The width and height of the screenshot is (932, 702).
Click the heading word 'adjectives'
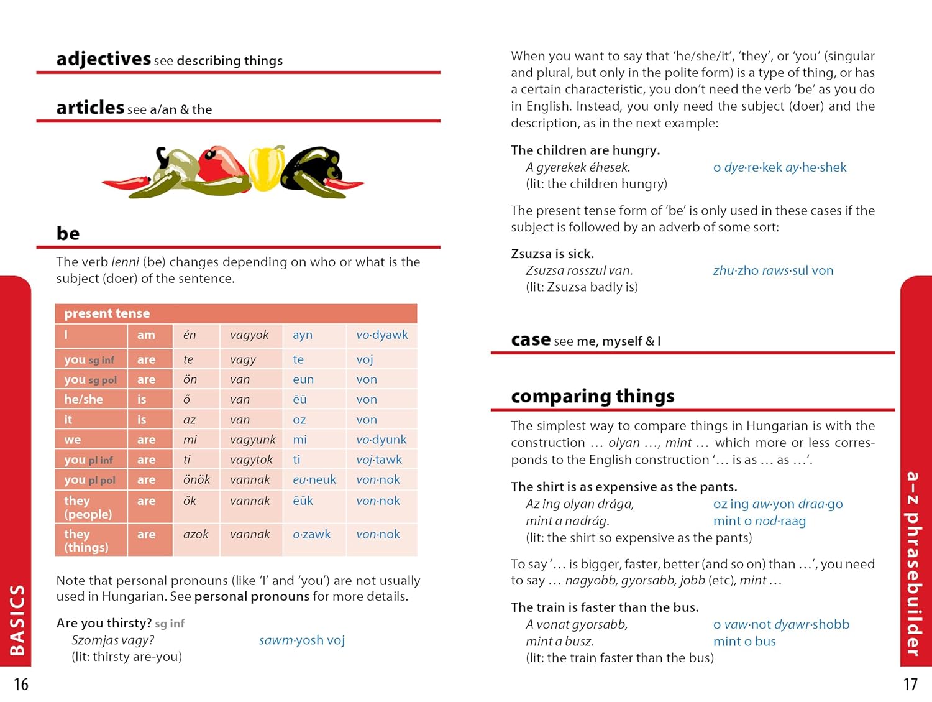(x=103, y=59)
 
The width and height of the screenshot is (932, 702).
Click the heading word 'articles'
(x=90, y=108)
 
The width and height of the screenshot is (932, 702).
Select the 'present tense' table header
(x=107, y=313)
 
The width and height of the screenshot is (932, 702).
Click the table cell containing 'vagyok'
(x=249, y=335)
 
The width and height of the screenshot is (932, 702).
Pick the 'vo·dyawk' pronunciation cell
(x=381, y=335)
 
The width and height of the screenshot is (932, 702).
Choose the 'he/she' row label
(x=83, y=399)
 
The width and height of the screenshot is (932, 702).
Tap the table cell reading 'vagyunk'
(x=252, y=440)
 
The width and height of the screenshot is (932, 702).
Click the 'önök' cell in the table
(x=196, y=479)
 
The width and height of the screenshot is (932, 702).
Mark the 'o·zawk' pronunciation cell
(x=311, y=534)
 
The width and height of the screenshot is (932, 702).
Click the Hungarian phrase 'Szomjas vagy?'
(x=112, y=640)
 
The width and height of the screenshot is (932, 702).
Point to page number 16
(x=21, y=685)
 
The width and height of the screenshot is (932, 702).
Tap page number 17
(x=910, y=685)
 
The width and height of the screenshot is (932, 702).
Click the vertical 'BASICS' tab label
(x=17, y=620)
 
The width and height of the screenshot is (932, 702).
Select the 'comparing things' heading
(x=592, y=396)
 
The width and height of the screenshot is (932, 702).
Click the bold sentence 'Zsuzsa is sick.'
(x=552, y=254)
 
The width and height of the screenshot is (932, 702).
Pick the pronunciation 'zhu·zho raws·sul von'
(x=773, y=270)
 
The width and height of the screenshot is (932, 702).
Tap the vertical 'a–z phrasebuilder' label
(x=912, y=563)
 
